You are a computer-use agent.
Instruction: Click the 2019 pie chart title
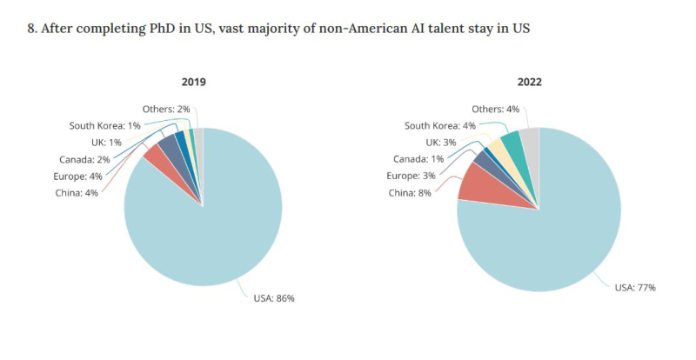193,82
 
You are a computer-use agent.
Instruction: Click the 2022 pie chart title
528,82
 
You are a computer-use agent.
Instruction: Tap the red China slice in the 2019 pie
155,156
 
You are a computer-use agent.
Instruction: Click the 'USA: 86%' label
274,298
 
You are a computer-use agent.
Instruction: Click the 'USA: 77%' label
635,286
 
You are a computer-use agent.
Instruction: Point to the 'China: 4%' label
78,192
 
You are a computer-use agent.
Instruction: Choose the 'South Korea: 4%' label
439,125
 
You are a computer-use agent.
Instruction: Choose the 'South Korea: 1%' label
104,125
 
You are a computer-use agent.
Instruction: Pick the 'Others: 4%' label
495,109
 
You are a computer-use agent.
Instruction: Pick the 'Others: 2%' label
166,109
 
